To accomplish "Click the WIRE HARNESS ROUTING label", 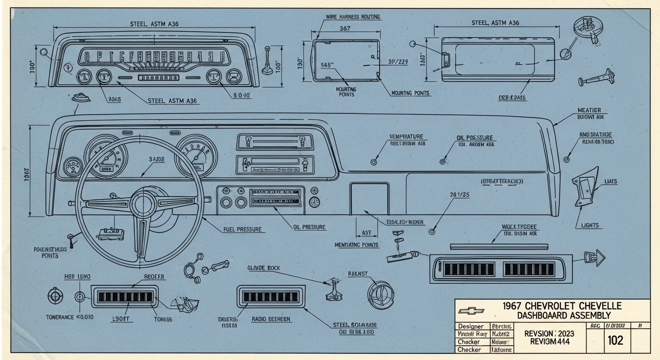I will pos(352,17).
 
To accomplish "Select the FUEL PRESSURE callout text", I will pos(242,230).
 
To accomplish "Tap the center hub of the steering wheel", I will pos(143,204).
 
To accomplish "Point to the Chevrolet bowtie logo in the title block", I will pos(471,310).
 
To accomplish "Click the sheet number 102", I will pos(615,340).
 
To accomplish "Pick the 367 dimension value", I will pos(345,28).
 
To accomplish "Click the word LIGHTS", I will pos(590,225).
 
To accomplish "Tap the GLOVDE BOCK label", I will pos(263,268).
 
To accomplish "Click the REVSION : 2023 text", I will pos(548,333).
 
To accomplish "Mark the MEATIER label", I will pos(589,110).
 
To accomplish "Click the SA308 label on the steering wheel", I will pos(157,159).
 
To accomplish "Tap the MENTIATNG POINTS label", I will pos(357,245).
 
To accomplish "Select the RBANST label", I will pos(358,273).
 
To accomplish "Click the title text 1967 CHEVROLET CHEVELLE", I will pos(562,306).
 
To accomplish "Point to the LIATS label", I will pos(611,181).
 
